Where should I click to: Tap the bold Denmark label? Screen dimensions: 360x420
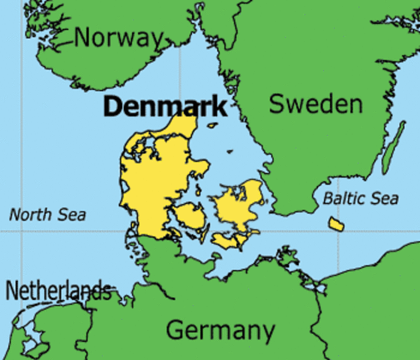click(164, 106)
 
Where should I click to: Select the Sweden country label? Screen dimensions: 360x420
click(315, 104)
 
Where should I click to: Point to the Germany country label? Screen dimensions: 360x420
click(220, 330)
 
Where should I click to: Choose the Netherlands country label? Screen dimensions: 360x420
click(58, 290)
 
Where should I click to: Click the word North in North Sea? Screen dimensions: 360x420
click(29, 215)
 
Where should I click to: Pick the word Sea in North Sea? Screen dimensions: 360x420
click(72, 215)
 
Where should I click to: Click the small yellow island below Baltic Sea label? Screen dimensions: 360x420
click(335, 223)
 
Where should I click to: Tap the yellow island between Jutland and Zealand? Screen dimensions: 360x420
click(190, 217)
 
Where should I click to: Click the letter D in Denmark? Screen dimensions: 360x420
click(111, 106)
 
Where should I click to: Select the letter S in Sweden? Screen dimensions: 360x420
click(277, 104)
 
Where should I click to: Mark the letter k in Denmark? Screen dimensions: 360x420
click(217, 106)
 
